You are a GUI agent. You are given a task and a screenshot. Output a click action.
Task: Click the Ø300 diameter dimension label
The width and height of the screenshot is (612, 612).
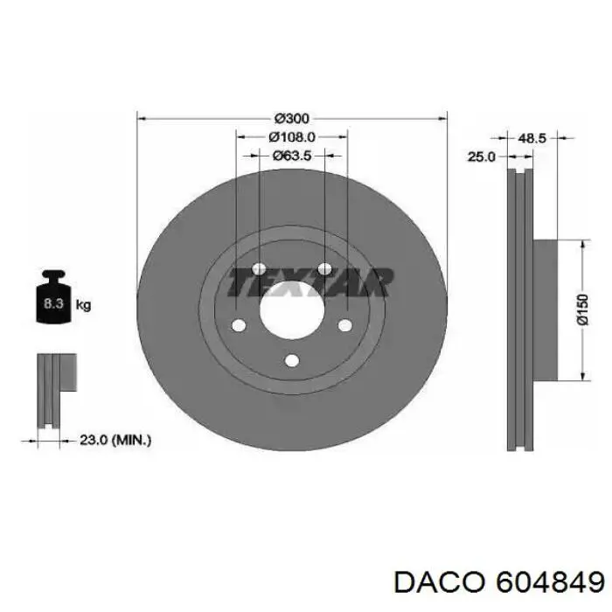[293, 118]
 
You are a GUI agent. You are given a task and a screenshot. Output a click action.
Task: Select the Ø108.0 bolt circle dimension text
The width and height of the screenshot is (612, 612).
[291, 137]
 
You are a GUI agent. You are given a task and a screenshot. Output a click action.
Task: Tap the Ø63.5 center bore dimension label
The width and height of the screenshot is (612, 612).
[291, 156]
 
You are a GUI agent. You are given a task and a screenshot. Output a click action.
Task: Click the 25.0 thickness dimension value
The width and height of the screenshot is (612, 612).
[481, 156]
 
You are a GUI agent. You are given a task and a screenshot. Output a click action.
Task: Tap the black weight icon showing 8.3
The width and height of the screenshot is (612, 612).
[52, 303]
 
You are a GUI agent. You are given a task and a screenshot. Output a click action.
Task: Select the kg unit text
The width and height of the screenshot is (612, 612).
[84, 305]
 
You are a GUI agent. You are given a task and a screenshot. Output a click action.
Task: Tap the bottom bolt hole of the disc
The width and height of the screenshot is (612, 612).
[292, 359]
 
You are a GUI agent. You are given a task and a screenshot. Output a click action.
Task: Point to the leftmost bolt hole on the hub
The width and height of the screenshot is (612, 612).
[239, 326]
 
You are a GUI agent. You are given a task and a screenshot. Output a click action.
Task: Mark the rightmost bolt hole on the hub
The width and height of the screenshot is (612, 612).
[345, 326]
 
